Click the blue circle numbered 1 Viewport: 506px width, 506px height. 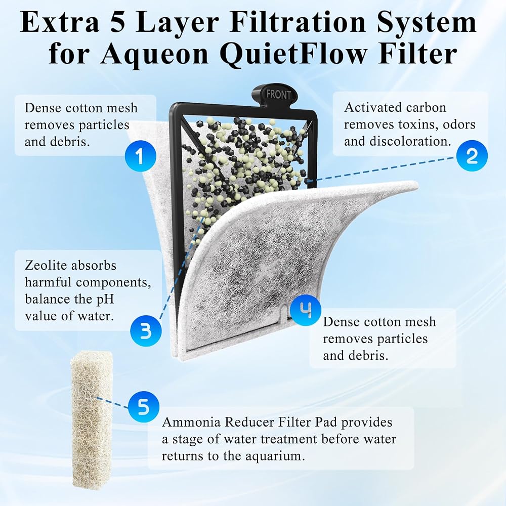(x=140, y=156)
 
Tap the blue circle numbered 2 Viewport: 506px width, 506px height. (x=472, y=155)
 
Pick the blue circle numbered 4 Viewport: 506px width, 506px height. (x=305, y=310)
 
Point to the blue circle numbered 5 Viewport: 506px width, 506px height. (x=144, y=407)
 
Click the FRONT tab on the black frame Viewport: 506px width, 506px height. (x=278, y=95)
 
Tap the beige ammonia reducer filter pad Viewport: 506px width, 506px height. (x=92, y=420)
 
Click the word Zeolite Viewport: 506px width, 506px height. (x=46, y=265)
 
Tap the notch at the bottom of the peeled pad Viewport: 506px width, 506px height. (x=283, y=312)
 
